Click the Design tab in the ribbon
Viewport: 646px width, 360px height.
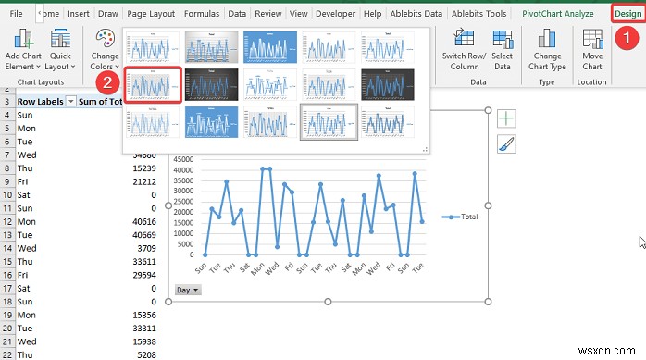point(627,14)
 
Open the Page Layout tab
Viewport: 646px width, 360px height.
point(151,14)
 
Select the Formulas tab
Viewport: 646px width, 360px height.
point(201,14)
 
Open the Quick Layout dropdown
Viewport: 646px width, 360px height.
point(60,50)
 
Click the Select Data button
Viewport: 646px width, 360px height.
point(503,50)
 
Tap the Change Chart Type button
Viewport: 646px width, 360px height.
point(549,50)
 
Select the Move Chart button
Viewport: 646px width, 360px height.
point(592,50)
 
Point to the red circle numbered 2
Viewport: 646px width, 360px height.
point(109,81)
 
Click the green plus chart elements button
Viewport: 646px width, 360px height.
point(506,118)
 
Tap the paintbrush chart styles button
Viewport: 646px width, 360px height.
point(506,143)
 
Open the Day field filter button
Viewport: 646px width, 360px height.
point(188,290)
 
